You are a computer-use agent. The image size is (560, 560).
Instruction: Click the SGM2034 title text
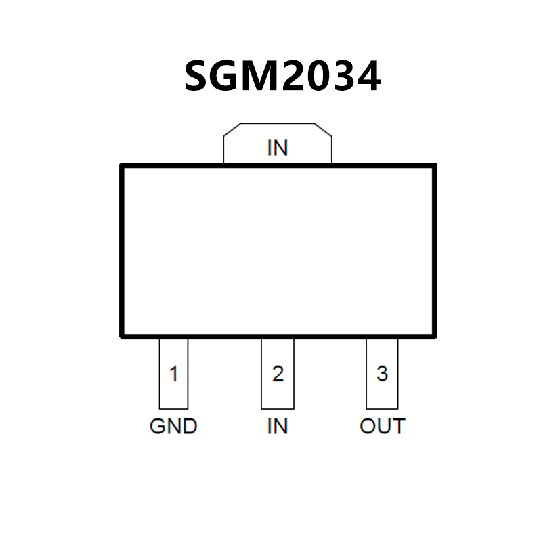282,77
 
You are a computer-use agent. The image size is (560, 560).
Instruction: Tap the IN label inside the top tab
278,148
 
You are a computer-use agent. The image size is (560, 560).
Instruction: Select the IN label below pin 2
278,427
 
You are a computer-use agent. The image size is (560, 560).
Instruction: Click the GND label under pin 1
173,427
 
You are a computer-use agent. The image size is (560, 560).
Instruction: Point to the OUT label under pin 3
383,427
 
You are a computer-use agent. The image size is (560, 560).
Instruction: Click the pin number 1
174,374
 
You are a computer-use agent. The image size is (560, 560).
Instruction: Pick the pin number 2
278,374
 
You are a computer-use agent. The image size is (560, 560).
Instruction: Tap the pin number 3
383,374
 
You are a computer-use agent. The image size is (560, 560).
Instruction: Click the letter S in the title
197,77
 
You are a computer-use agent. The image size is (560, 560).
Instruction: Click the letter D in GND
189,427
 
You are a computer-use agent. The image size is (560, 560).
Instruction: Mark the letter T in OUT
398,427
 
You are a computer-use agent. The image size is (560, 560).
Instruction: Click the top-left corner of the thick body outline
122,165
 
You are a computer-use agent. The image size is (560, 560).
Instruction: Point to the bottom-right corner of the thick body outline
435,335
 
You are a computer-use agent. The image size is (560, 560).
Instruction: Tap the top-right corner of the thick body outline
435,165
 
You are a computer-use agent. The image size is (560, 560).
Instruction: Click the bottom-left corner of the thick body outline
122,335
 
